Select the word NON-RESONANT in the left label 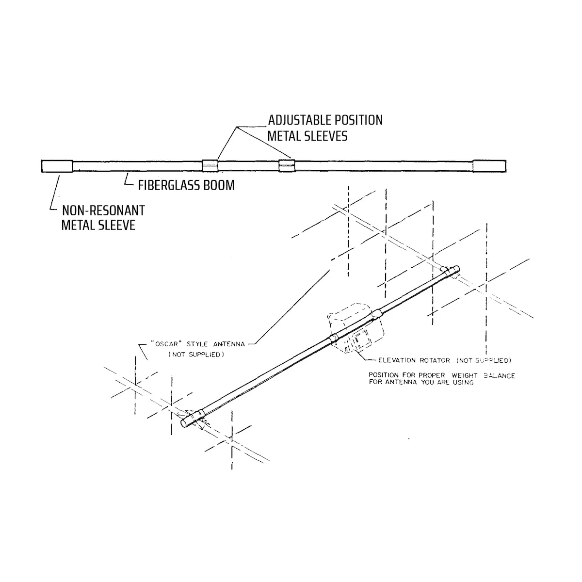[103, 211]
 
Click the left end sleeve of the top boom [56, 166]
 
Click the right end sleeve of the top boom [489, 166]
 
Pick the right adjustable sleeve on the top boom [286, 166]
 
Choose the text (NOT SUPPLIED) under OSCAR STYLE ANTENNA [196, 355]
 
